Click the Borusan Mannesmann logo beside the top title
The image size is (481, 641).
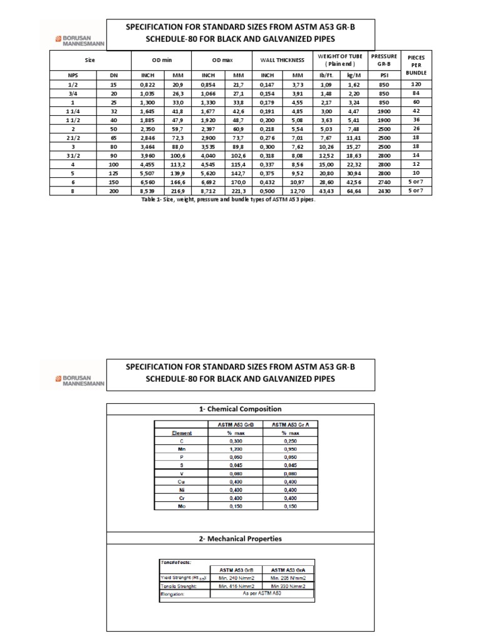77,40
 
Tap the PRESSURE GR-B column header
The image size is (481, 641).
384,60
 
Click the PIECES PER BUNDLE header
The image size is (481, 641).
416,64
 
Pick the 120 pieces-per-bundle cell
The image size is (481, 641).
416,83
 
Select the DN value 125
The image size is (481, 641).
113,173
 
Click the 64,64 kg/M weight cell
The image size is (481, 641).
354,191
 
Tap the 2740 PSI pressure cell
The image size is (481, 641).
384,182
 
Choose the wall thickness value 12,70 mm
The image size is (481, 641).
298,191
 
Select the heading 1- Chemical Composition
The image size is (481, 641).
240,409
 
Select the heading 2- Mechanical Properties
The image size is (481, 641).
240,538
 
